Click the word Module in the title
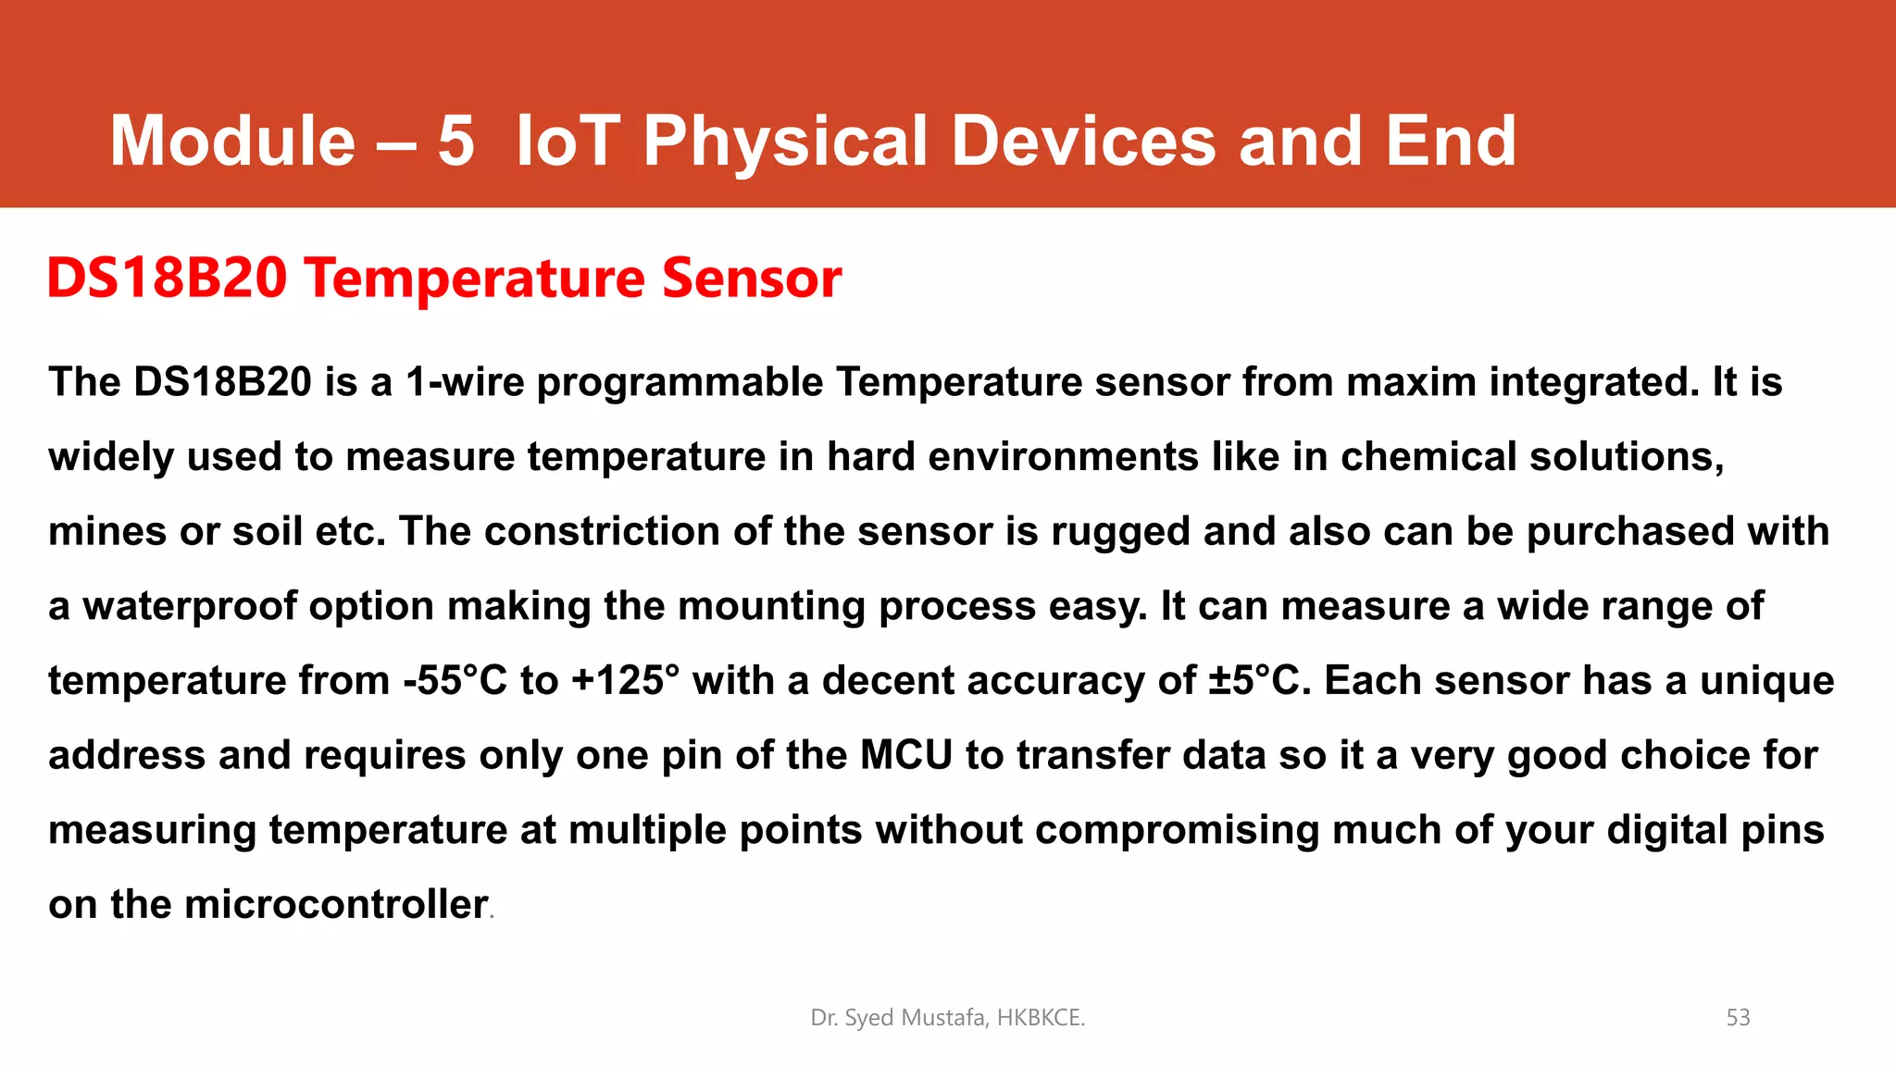pos(232,141)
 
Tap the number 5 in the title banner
pos(455,141)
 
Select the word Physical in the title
pos(785,141)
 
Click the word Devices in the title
pos(1083,141)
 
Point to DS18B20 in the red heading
pos(168,278)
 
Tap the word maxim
pos(1411,382)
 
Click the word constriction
pos(602,532)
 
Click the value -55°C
pos(455,681)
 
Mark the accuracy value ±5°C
pos(1260,681)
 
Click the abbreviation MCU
pos(906,755)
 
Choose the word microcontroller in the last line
pos(336,904)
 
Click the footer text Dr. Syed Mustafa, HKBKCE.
pos(947,1018)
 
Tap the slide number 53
pos(1738,1018)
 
